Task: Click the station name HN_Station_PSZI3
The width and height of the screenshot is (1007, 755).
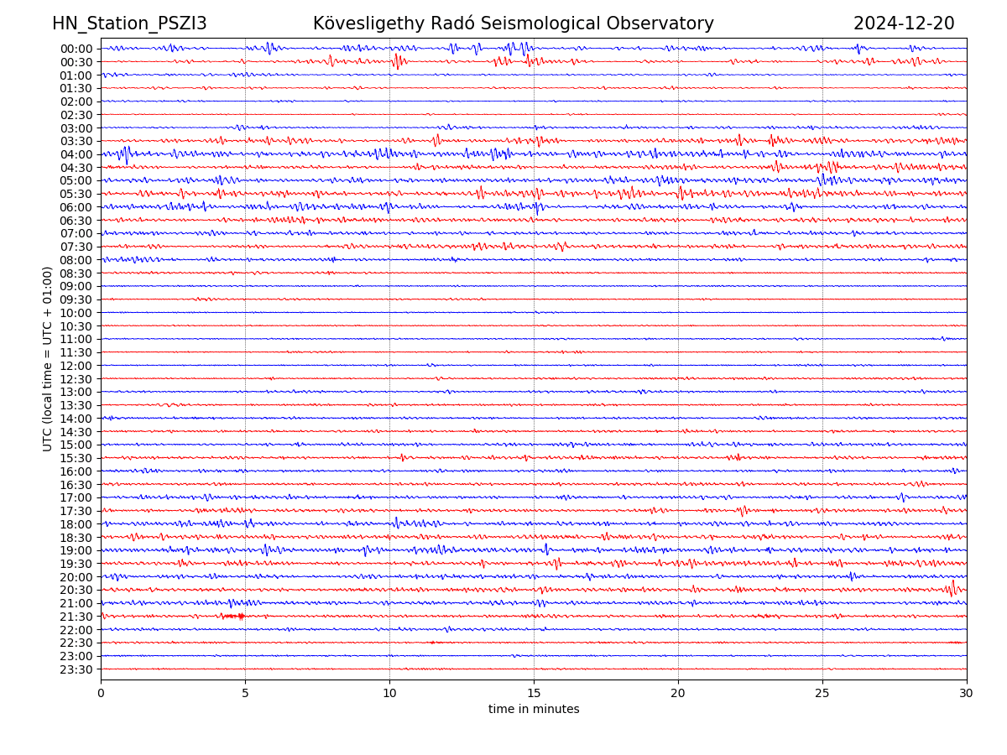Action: click(x=129, y=23)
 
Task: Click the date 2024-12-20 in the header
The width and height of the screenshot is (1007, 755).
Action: click(x=904, y=23)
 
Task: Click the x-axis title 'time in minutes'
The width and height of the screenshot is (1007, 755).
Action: click(x=534, y=709)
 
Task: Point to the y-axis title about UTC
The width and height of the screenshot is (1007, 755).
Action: click(x=48, y=358)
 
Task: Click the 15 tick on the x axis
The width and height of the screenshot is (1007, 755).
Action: click(x=534, y=694)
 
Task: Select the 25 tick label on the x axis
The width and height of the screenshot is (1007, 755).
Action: click(x=822, y=694)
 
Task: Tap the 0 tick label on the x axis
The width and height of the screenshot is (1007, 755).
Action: click(x=101, y=694)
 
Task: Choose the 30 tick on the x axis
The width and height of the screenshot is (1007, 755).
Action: click(x=967, y=694)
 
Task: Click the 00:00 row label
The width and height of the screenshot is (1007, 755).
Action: click(x=76, y=49)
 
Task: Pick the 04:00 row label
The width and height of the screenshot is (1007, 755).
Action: click(x=76, y=154)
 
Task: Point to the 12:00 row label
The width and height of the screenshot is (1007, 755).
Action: click(x=76, y=366)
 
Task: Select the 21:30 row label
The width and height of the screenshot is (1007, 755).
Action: click(x=76, y=617)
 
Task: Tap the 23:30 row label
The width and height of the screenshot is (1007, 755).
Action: click(x=76, y=669)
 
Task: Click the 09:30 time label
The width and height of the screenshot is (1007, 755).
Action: click(x=76, y=299)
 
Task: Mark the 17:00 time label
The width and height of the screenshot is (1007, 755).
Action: click(x=76, y=497)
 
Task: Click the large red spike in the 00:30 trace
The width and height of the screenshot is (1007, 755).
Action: click(x=396, y=60)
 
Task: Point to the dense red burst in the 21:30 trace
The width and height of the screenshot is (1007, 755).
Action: click(x=234, y=617)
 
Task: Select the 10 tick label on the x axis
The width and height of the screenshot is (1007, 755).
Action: click(x=389, y=694)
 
